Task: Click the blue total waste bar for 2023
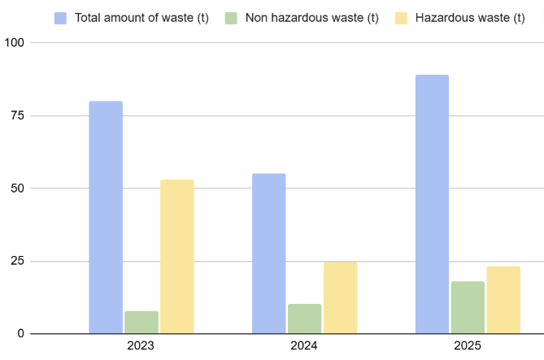(x=106, y=217)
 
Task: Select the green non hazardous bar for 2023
(x=141, y=322)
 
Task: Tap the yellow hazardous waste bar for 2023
(x=177, y=256)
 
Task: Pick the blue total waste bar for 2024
(x=269, y=254)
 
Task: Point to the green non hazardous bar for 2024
(x=305, y=319)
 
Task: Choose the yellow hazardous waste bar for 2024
(x=340, y=297)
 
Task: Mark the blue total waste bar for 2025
(x=432, y=204)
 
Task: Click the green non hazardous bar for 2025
(x=468, y=307)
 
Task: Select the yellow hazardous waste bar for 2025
(x=503, y=300)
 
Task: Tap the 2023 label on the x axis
(x=141, y=346)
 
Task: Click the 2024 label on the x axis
(x=304, y=346)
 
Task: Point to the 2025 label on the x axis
(x=468, y=346)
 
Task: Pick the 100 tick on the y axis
(x=15, y=42)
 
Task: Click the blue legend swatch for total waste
(x=61, y=17)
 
